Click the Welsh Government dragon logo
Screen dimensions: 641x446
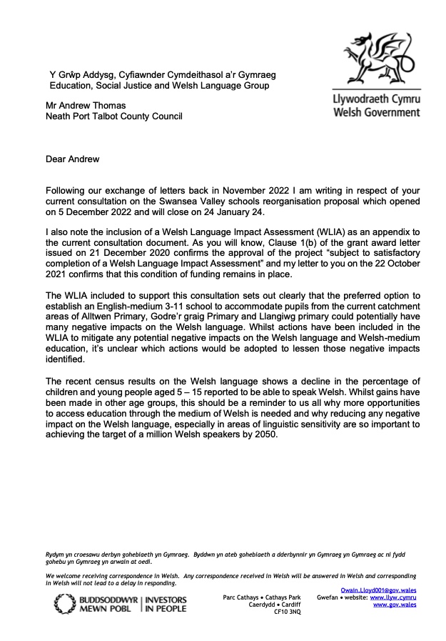pyautogui.click(x=377, y=59)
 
